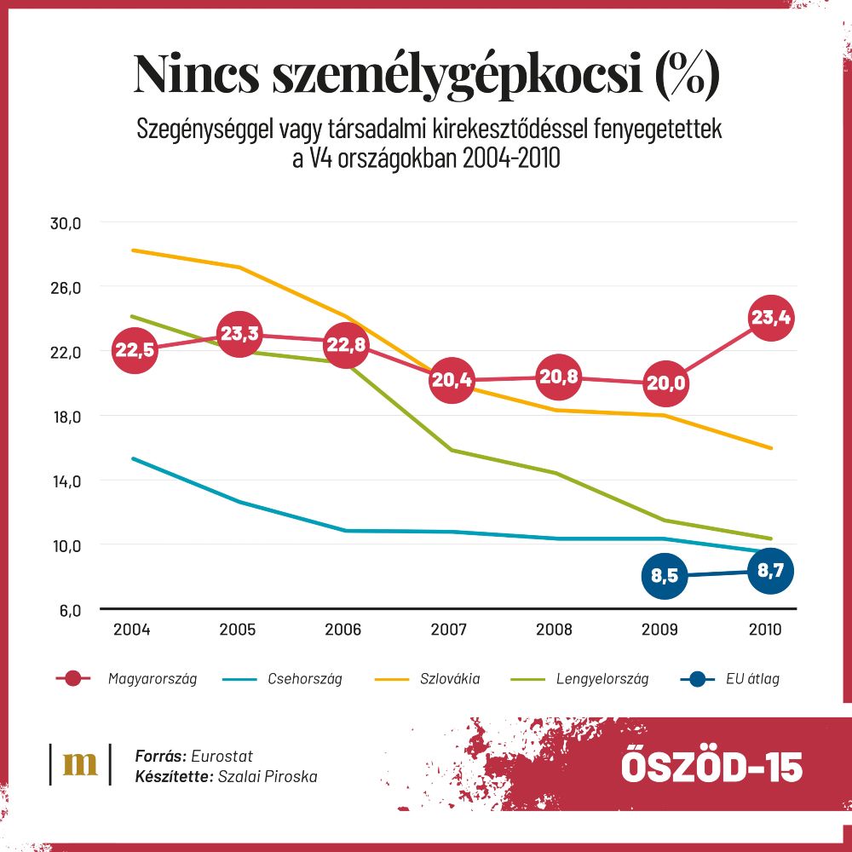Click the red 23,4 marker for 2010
pyautogui.click(x=771, y=319)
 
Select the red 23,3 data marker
pyautogui.click(x=239, y=334)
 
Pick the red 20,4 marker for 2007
pyautogui.click(x=452, y=380)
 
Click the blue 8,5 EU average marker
pyautogui.click(x=665, y=576)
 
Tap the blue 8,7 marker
pyautogui.click(x=771, y=571)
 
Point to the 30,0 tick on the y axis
pyautogui.click(x=65, y=223)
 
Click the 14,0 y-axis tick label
pyautogui.click(x=65, y=481)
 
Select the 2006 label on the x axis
pyautogui.click(x=343, y=630)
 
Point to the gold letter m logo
pyautogui.click(x=81, y=763)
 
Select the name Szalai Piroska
pyautogui.click(x=268, y=777)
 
